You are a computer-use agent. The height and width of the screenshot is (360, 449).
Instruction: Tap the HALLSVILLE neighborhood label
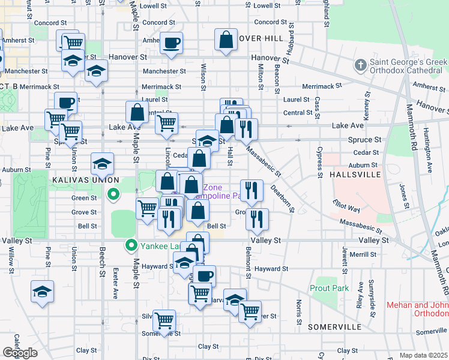pyautogui.click(x=355, y=174)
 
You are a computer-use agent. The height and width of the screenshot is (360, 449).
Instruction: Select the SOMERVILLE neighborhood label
pyautogui.click(x=335, y=327)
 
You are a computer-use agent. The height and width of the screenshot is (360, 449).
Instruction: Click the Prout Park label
pyautogui.click(x=330, y=288)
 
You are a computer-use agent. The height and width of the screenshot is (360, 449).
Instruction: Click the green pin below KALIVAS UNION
pyautogui.click(x=112, y=194)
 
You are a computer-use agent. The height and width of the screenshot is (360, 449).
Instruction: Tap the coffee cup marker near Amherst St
pyautogui.click(x=171, y=43)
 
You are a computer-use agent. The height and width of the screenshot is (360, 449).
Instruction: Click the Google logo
pyautogui.click(x=20, y=352)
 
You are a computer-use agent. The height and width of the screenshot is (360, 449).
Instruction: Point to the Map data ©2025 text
pyautogui.click(x=424, y=355)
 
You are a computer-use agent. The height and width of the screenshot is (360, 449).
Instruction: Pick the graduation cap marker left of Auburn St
pyautogui.click(x=103, y=163)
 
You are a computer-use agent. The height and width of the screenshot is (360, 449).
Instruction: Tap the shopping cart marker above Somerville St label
pyautogui.click(x=164, y=320)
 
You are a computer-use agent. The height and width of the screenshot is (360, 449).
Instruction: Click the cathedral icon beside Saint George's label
pyautogui.click(x=360, y=64)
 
